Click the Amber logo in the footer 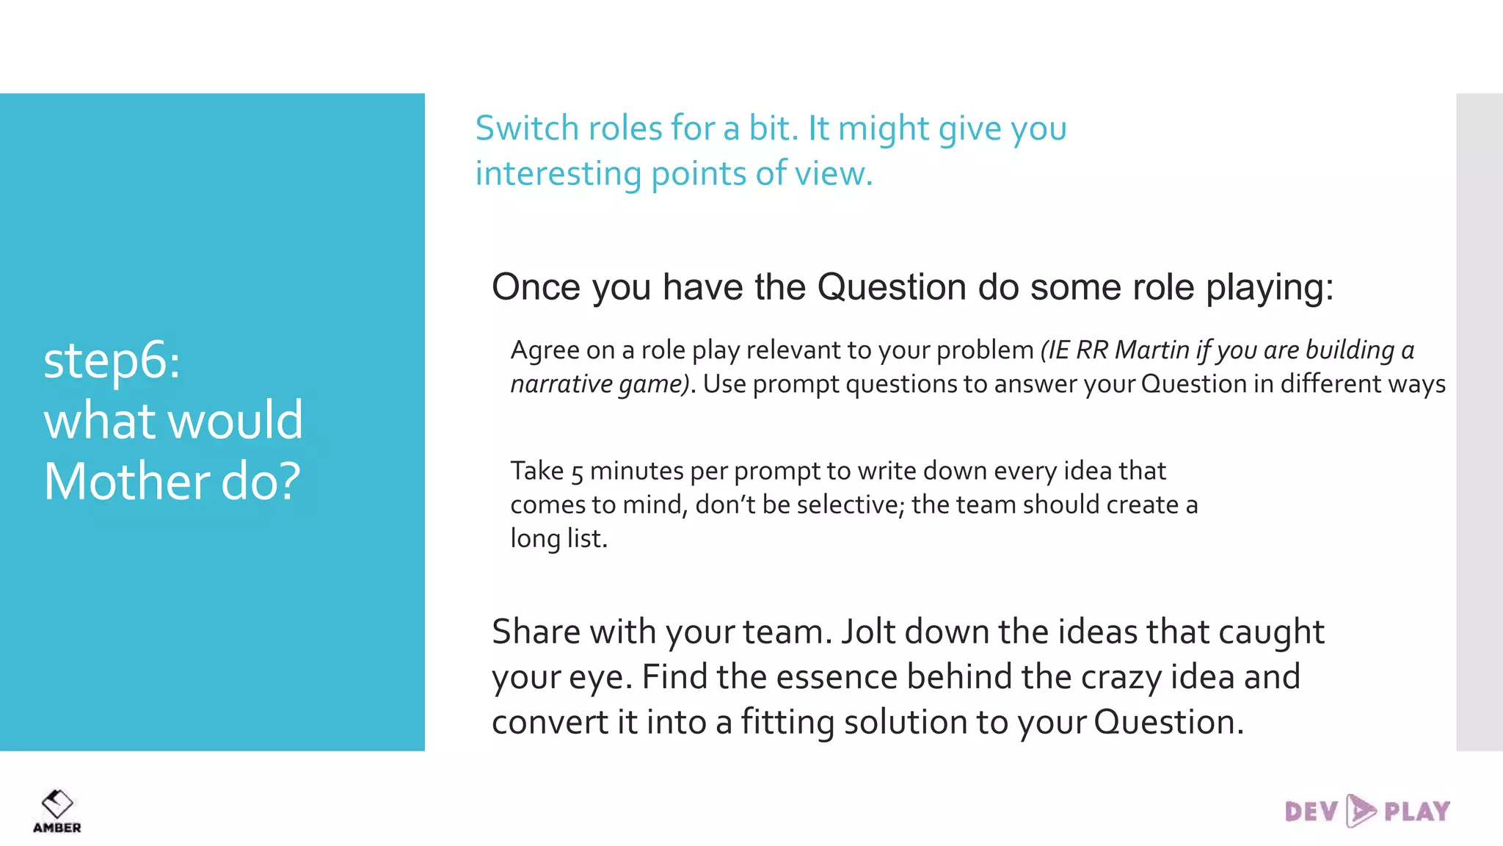tap(57, 810)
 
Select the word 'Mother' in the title tap(127, 482)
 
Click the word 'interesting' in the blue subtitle tap(558, 174)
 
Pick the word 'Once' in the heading tap(536, 286)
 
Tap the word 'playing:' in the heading tap(1270, 288)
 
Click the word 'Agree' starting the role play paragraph tap(542, 351)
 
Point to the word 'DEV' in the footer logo tap(1311, 811)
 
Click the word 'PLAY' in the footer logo tap(1417, 811)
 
